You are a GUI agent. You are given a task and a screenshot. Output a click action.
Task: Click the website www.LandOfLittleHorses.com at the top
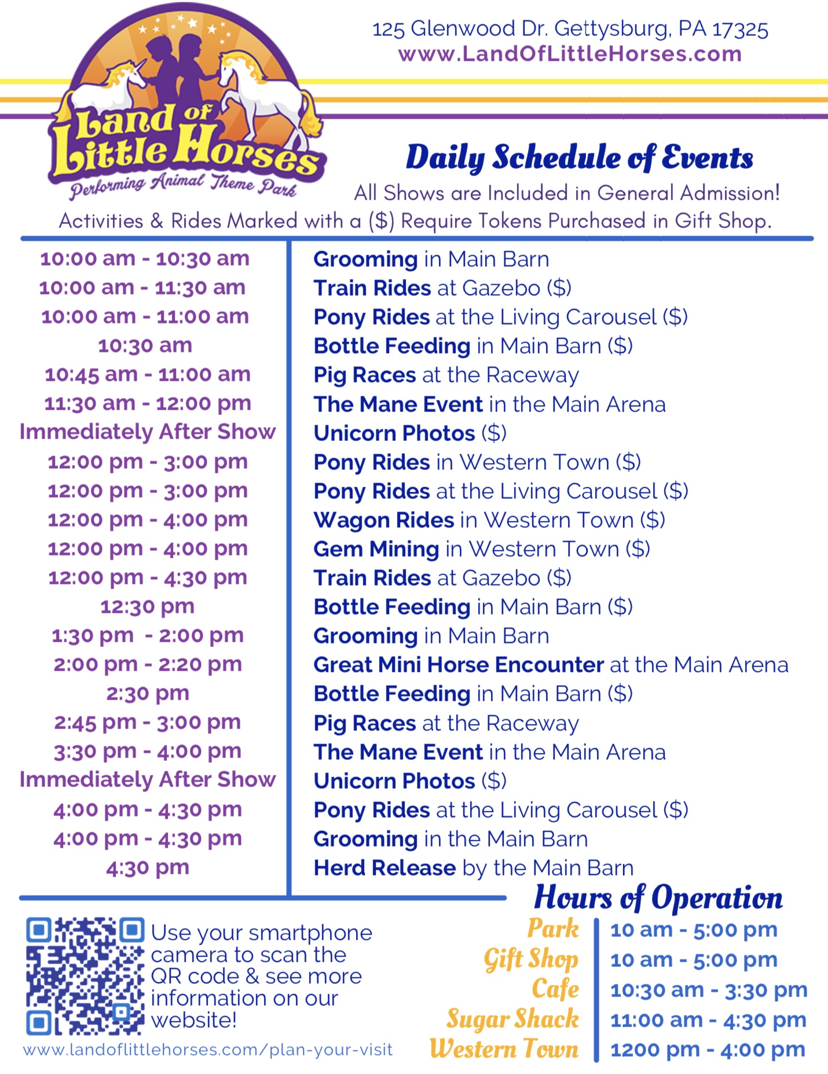(570, 54)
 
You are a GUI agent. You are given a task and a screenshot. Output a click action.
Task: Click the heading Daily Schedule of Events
(580, 158)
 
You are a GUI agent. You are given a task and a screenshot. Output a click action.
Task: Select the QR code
(85, 976)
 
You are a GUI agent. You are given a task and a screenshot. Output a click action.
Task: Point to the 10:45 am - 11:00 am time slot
(148, 374)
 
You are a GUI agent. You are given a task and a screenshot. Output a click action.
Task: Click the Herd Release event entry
(474, 867)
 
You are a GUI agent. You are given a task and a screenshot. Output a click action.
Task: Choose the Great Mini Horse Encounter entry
(551, 665)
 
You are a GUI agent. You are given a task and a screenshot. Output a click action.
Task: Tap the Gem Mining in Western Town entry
(482, 549)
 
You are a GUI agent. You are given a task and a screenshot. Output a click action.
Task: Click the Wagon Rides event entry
(489, 520)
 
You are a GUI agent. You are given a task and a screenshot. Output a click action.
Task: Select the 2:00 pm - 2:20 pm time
(148, 664)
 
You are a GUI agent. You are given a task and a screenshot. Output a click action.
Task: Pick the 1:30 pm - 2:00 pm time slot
(148, 635)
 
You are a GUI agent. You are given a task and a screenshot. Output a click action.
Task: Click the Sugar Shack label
(512, 1019)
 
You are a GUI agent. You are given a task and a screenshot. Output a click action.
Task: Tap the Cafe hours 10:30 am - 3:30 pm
(709, 990)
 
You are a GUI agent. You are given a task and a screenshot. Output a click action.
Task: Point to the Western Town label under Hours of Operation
(504, 1049)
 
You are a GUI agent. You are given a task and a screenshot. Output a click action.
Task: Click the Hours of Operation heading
(658, 898)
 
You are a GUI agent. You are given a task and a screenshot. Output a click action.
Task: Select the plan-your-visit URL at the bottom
(208, 1050)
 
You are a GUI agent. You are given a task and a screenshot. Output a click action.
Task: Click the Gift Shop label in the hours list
(531, 959)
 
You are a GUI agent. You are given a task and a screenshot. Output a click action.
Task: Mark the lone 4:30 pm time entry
(148, 867)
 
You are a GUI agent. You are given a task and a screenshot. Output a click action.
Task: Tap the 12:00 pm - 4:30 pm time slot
(148, 578)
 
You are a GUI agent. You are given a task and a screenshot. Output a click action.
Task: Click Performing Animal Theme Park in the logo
(183, 185)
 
